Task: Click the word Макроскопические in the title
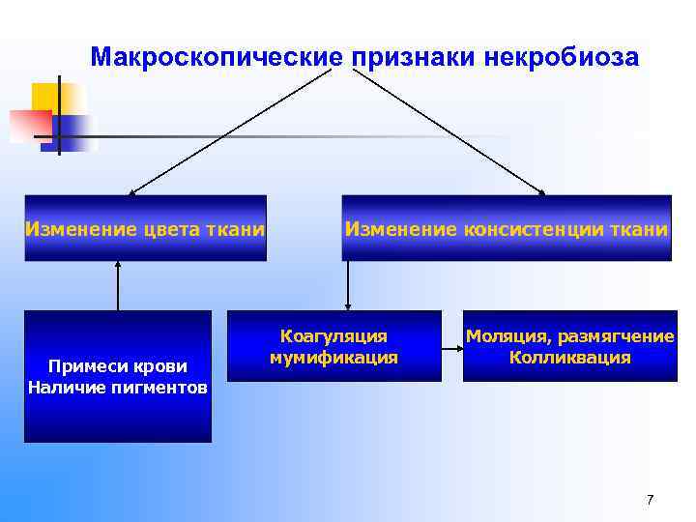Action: click(217, 57)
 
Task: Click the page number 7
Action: click(650, 499)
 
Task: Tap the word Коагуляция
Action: click(333, 336)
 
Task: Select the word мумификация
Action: click(333, 357)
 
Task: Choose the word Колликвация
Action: click(569, 357)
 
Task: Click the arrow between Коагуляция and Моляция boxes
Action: click(452, 345)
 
